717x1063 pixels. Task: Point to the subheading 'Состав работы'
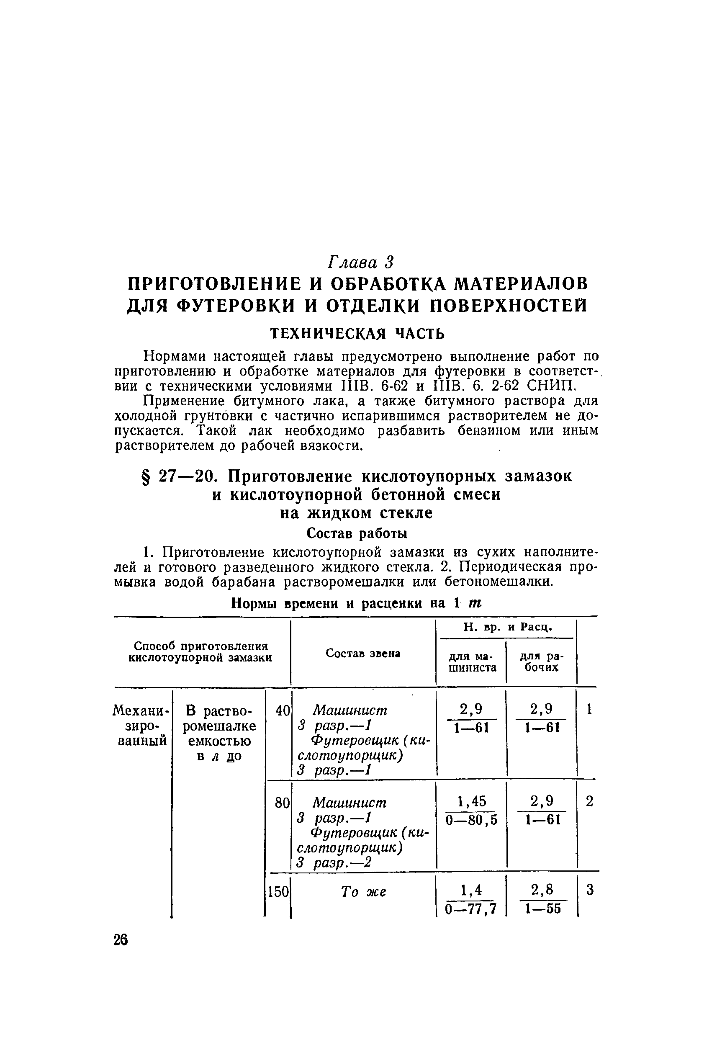(x=357, y=533)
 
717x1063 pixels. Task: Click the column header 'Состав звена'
(x=363, y=653)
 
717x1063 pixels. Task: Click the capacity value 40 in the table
(x=283, y=710)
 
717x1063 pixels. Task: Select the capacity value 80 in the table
(x=282, y=803)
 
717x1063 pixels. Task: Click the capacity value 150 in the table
(x=278, y=891)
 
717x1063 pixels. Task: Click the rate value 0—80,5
(x=471, y=820)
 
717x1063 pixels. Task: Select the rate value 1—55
(x=542, y=909)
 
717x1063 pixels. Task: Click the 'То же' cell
(x=364, y=891)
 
